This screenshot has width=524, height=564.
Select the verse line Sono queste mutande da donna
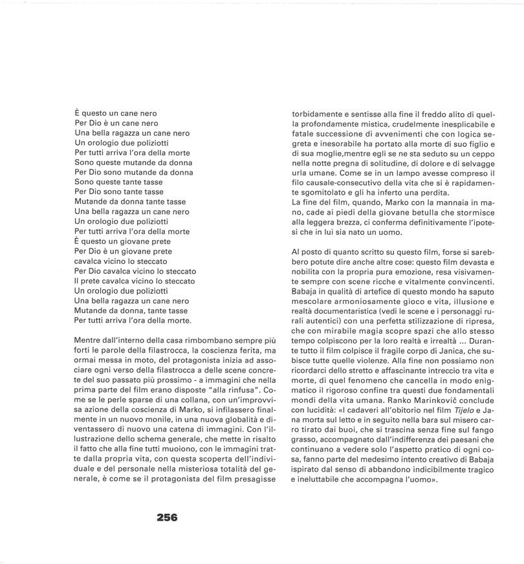coord(133,162)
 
